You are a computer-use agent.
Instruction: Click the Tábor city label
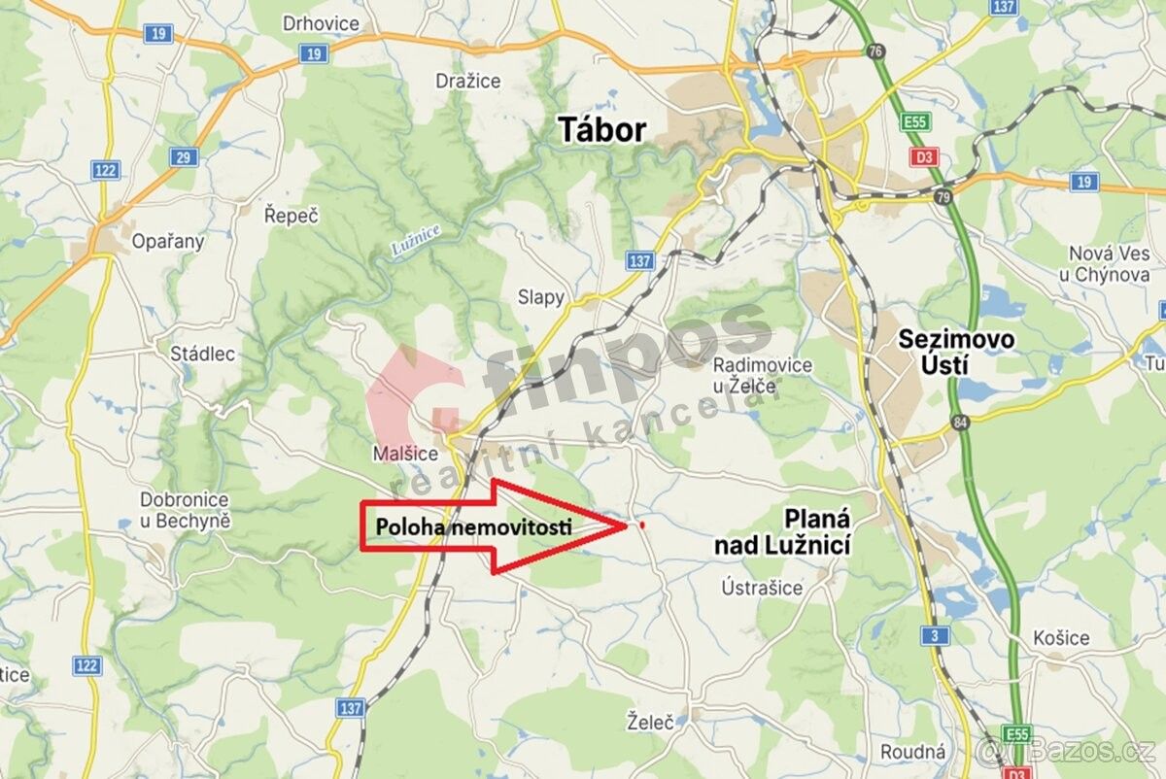pos(602,129)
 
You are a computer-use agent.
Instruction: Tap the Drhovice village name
pos(320,23)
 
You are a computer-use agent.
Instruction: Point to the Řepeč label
pos(291,216)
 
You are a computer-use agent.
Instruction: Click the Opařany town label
pos(168,242)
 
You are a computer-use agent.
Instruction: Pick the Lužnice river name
pos(416,238)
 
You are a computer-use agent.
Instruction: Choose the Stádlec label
pos(202,354)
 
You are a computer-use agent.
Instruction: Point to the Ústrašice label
pos(763,588)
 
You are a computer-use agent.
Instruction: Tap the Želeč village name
pos(650,722)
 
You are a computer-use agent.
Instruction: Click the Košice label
pos(1061,638)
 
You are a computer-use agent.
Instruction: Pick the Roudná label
pos(912,752)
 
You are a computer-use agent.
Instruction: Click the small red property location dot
pos(642,525)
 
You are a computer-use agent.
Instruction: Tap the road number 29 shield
pos(184,156)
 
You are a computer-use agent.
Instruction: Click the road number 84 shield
pos(961,422)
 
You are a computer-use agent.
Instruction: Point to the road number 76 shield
pos(877,51)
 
